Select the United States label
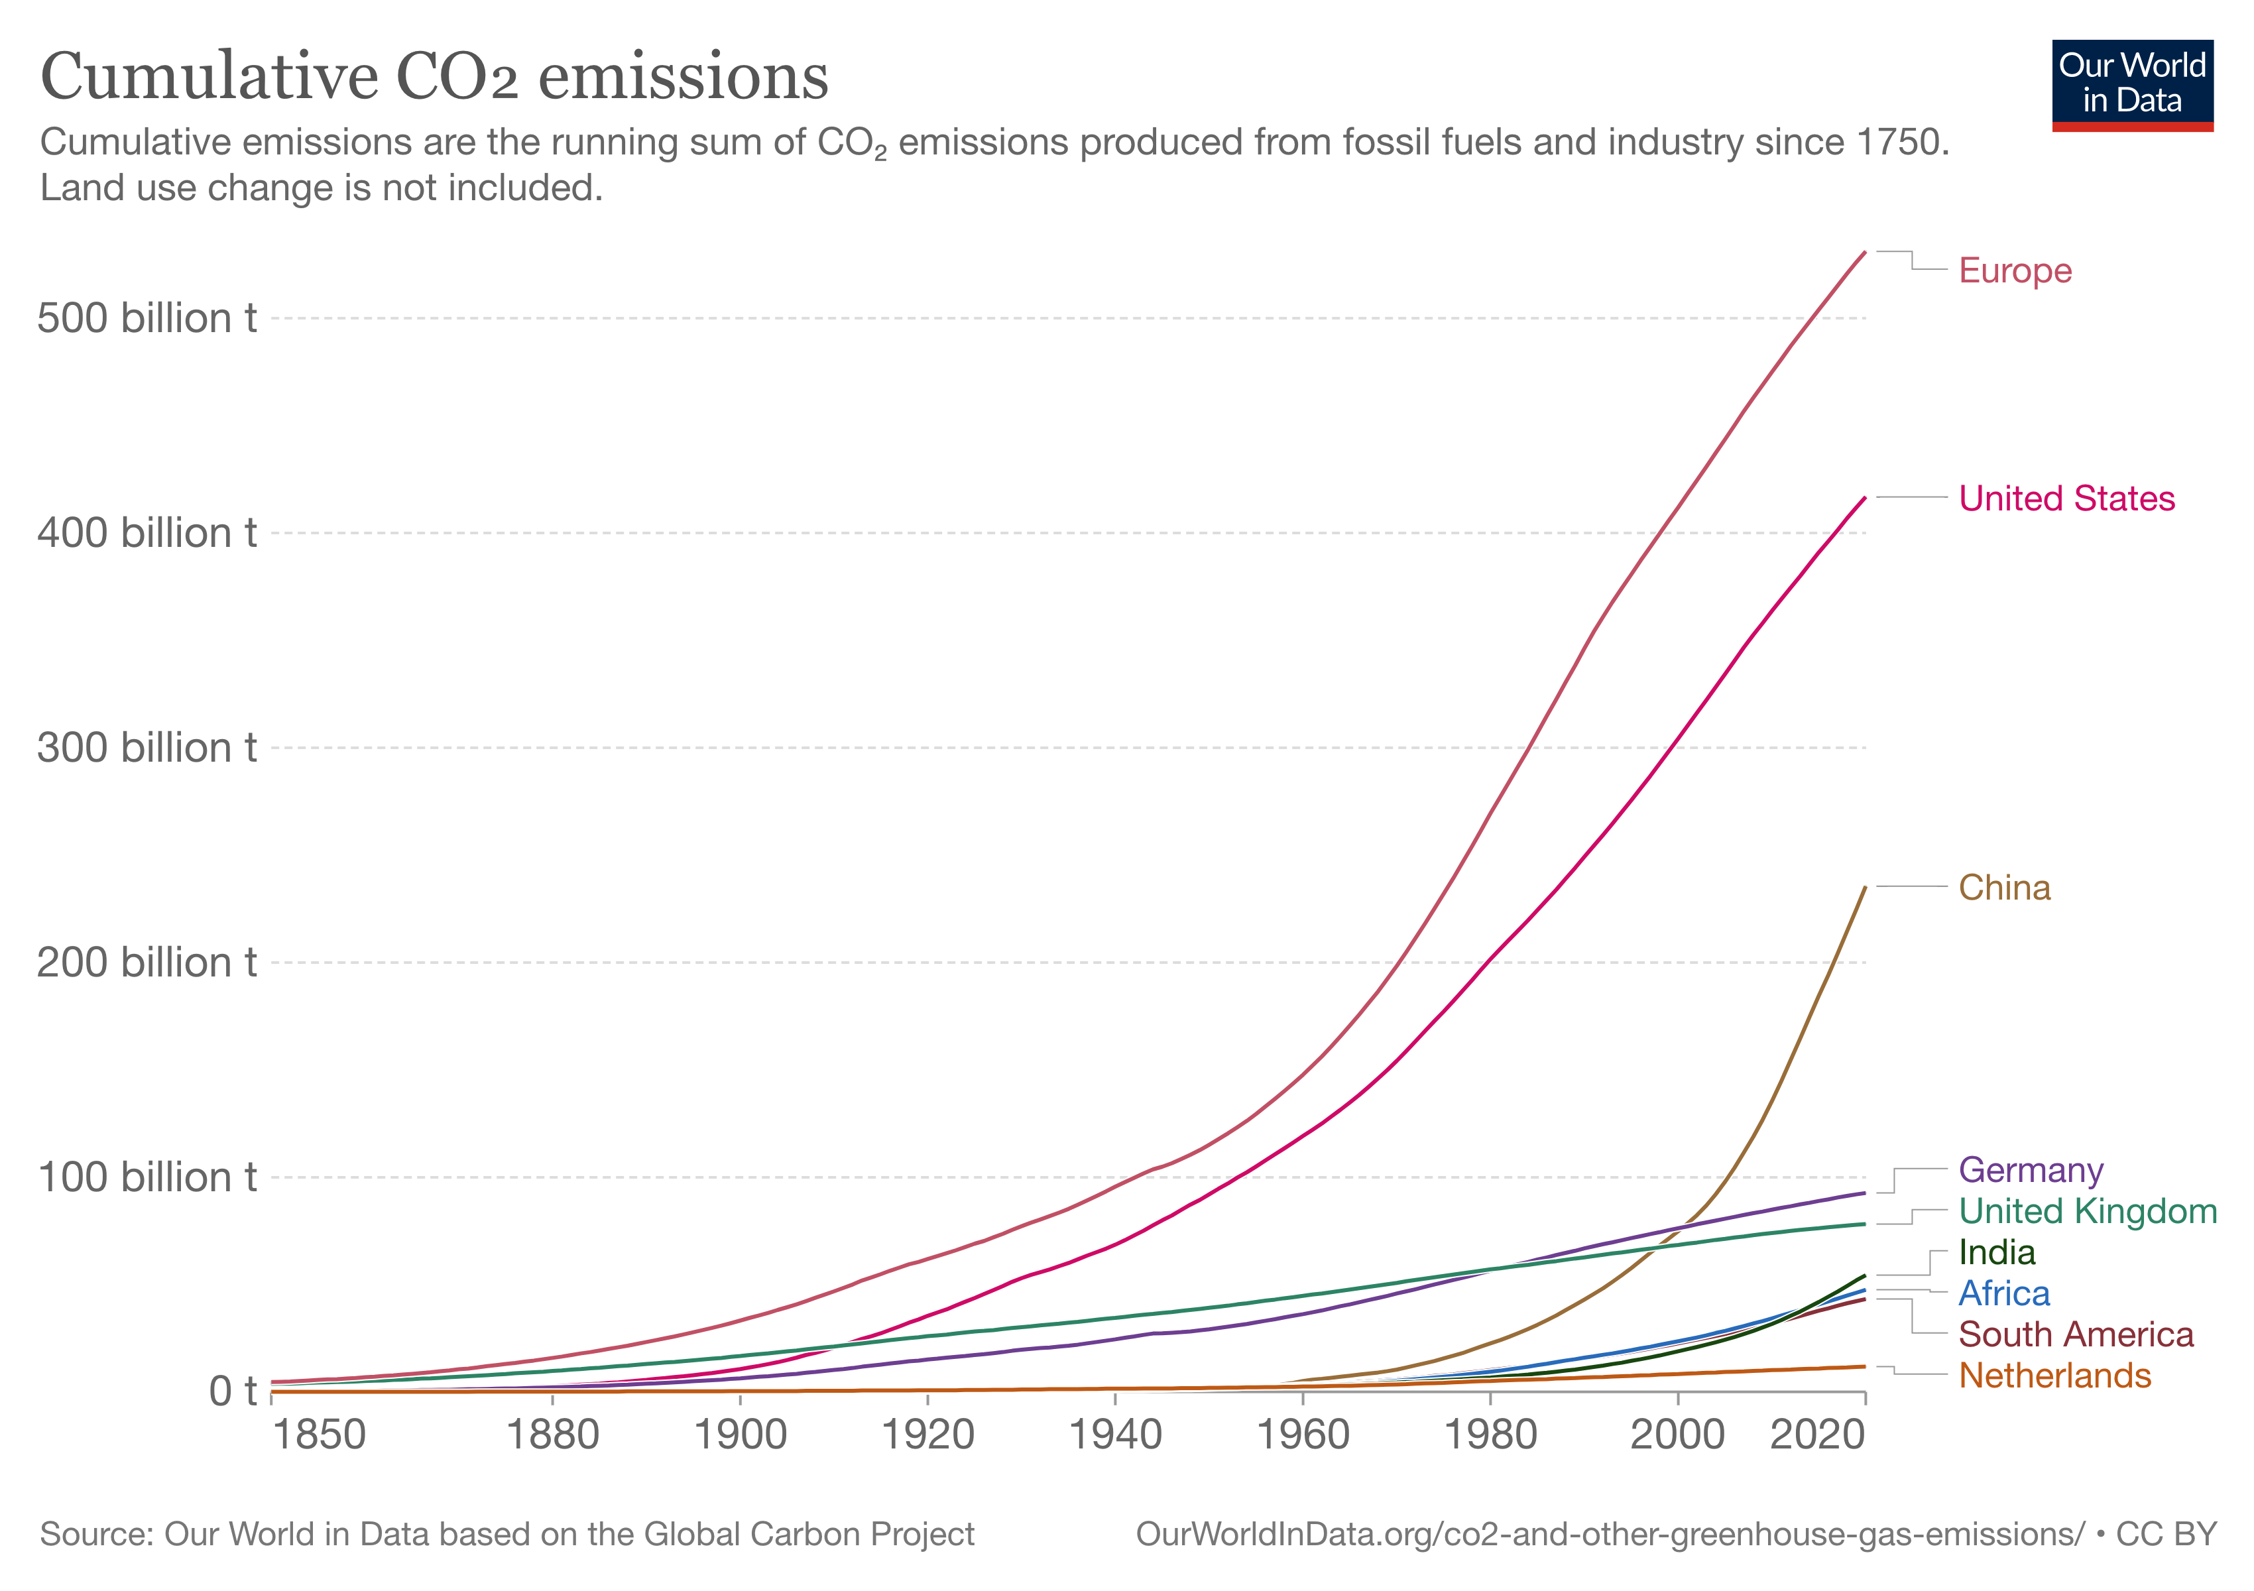click(x=2066, y=499)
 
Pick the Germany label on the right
click(x=2030, y=1170)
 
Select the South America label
click(x=2075, y=1335)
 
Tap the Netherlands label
click(x=2054, y=1376)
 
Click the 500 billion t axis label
click(x=147, y=318)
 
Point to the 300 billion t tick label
click(x=147, y=748)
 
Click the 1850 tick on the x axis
click(x=318, y=1435)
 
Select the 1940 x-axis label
click(x=1115, y=1435)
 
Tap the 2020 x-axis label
click(x=1817, y=1435)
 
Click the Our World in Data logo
click(x=2132, y=84)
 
